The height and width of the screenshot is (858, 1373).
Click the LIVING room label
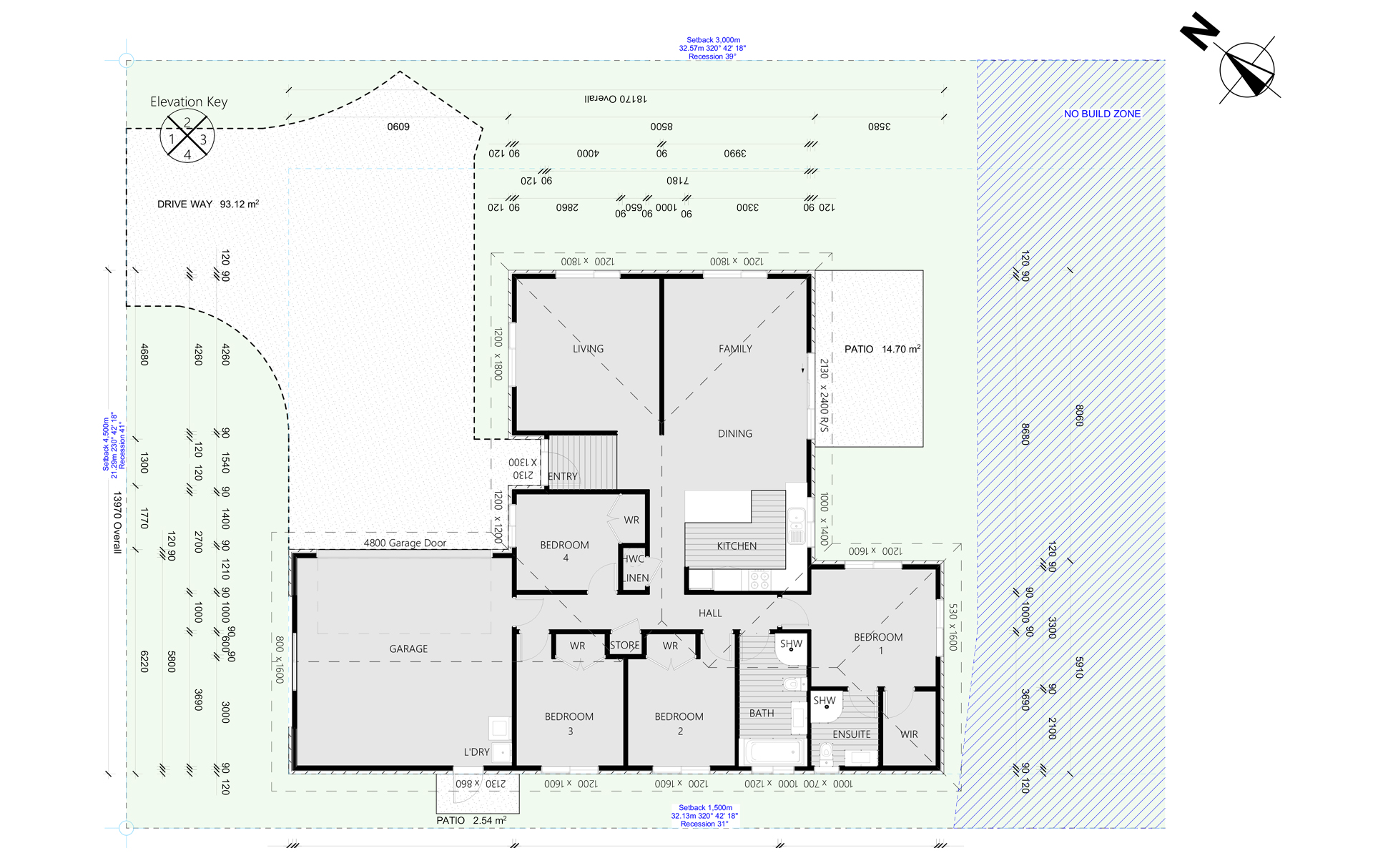point(588,349)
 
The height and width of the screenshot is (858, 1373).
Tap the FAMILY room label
point(735,349)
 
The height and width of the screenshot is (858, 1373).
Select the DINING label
point(734,434)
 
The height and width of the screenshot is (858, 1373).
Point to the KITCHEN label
point(737,546)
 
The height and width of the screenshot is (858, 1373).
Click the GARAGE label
point(408,649)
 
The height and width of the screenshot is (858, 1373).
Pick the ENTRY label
point(563,477)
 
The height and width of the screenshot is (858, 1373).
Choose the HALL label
point(710,613)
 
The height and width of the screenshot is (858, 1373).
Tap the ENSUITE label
point(851,734)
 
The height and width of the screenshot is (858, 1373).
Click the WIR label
point(909,734)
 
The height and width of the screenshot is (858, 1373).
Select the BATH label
point(762,714)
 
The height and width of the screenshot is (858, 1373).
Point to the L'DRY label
point(476,752)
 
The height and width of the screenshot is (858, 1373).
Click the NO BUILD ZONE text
point(1102,114)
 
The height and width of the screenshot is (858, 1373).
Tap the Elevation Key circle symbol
point(187,135)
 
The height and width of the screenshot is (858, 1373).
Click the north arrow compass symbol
point(1247,69)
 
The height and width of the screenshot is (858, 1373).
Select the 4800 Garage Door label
point(405,543)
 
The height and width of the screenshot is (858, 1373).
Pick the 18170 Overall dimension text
point(615,99)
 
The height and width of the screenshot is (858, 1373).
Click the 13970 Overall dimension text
point(117,522)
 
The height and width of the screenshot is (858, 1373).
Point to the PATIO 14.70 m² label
point(882,349)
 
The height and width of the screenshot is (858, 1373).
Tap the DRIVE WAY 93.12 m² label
point(207,204)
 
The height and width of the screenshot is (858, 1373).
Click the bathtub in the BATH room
point(773,752)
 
